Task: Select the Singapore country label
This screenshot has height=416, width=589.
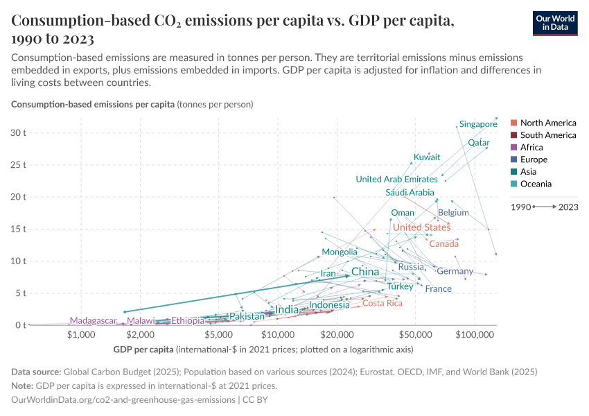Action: coord(478,124)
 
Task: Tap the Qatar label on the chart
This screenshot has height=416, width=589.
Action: coord(479,143)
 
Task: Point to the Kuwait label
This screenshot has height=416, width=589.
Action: coord(427,157)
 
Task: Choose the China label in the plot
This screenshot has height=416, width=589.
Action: coord(365,272)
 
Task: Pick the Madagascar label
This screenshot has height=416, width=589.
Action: coord(93,321)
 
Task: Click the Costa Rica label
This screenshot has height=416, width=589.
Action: coord(383,303)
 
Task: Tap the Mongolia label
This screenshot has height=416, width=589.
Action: coord(340,252)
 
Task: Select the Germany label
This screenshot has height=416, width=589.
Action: coord(455,271)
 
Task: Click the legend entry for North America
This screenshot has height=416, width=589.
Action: coord(547,123)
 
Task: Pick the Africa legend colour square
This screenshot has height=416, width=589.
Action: coord(513,148)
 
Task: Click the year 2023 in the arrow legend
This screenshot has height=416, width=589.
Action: coord(568,207)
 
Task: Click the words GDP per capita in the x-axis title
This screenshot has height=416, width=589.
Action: coord(142,348)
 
